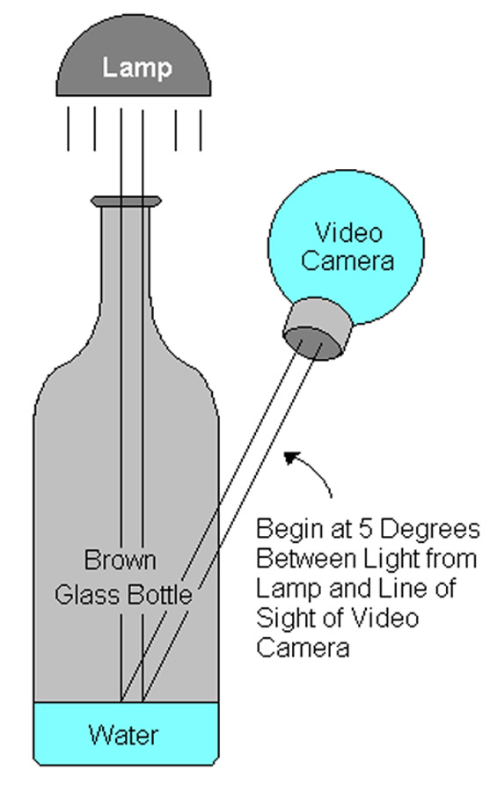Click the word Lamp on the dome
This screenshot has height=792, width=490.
click(x=137, y=68)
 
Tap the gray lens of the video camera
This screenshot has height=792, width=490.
click(x=318, y=329)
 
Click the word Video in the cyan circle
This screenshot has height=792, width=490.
click(x=348, y=233)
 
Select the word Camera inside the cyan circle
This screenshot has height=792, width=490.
click(x=347, y=261)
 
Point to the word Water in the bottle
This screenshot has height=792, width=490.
click(x=124, y=735)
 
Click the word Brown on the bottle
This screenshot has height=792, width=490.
click(x=121, y=561)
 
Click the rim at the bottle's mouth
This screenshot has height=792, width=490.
click(x=127, y=201)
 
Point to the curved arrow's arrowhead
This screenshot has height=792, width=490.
click(x=291, y=458)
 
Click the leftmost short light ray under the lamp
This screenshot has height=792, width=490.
click(x=69, y=128)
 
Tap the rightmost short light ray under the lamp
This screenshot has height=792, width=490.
click(x=201, y=130)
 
